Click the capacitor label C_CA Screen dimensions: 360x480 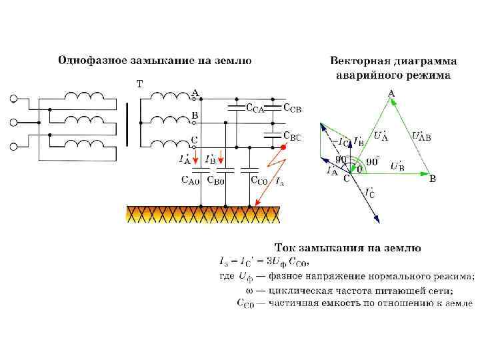[255, 108]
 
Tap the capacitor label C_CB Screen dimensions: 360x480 [293, 107]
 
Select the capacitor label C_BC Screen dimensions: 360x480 [292, 137]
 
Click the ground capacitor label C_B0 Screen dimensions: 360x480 [215, 179]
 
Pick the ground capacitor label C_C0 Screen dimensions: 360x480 [259, 179]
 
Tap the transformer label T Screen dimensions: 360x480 [139, 84]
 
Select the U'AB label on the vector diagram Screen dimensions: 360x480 [421, 137]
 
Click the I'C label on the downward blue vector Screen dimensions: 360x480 [371, 194]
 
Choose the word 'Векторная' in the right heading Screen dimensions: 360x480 [358, 61]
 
